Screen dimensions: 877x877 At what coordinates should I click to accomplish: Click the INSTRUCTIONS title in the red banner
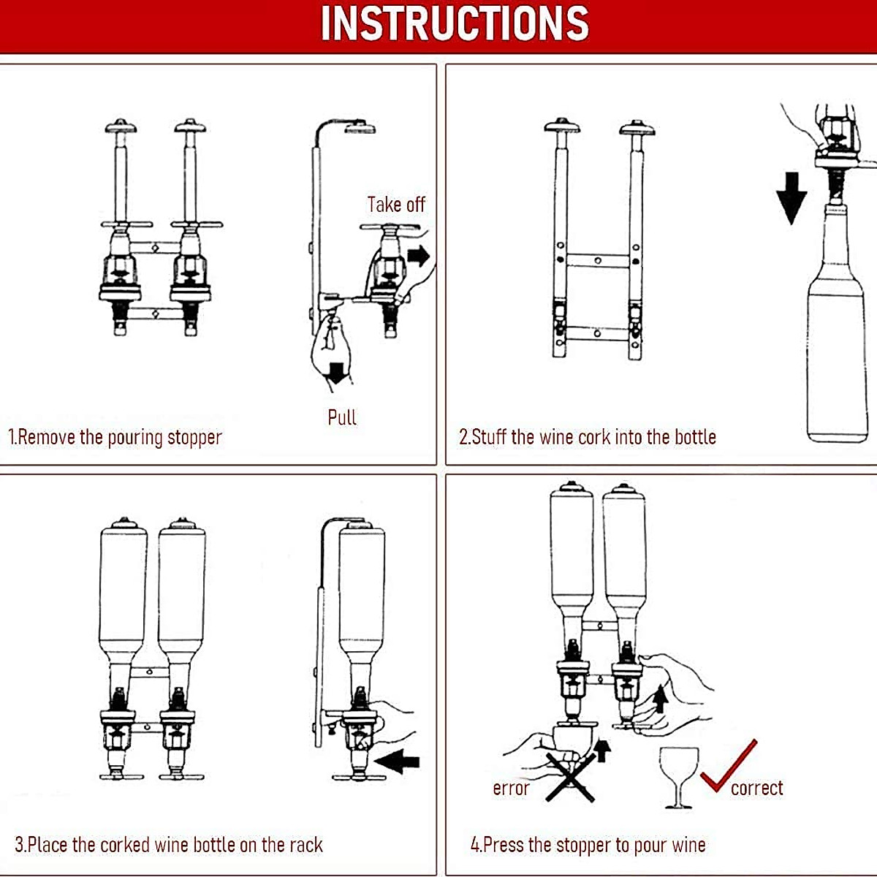[455, 23]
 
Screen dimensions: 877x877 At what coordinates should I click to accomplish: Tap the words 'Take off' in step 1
[395, 205]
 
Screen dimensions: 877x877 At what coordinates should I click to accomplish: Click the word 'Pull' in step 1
[341, 417]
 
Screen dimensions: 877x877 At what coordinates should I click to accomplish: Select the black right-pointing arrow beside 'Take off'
[419, 256]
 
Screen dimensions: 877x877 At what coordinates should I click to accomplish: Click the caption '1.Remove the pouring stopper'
[115, 437]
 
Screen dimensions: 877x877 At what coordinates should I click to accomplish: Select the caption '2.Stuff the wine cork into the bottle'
[587, 437]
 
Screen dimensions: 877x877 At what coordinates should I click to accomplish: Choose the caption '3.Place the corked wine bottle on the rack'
[169, 845]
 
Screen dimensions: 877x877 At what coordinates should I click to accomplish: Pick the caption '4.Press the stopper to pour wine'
[588, 845]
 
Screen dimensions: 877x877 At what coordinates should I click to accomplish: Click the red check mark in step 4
[728, 767]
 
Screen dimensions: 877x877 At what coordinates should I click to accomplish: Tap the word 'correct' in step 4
[756, 788]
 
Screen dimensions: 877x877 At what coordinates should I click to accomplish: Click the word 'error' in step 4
[511, 788]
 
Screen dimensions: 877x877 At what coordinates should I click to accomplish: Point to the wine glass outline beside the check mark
[678, 775]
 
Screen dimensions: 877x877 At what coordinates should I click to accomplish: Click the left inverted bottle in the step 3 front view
[123, 592]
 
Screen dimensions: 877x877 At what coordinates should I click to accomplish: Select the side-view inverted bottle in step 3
[362, 592]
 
